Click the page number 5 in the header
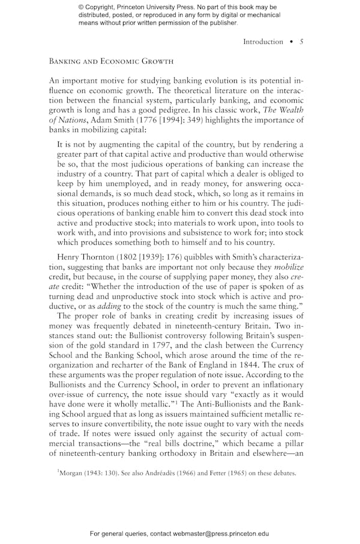point(302,41)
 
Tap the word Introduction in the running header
point(263,41)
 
